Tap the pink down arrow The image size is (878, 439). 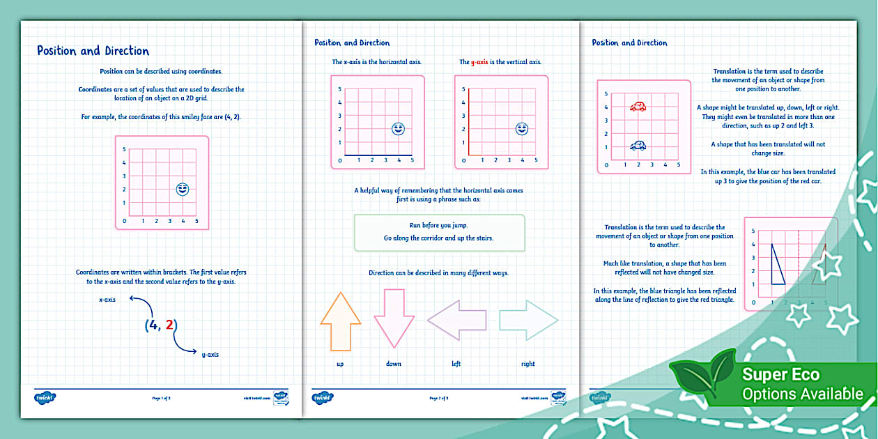pyautogui.click(x=394, y=317)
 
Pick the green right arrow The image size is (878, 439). pyautogui.click(x=529, y=320)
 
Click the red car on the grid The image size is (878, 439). pyautogui.click(x=638, y=107)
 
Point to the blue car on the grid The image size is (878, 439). pyautogui.click(x=638, y=146)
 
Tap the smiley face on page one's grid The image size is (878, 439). pyautogui.click(x=183, y=189)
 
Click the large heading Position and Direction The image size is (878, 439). pyautogui.click(x=93, y=51)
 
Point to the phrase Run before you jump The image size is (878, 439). pyautogui.click(x=439, y=226)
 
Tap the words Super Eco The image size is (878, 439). pyautogui.click(x=780, y=375)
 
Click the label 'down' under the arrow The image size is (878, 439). pyautogui.click(x=394, y=364)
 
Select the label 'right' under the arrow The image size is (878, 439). pyautogui.click(x=528, y=364)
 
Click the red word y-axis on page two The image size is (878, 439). pyautogui.click(x=479, y=62)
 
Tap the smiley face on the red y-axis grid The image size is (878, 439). pyautogui.click(x=521, y=129)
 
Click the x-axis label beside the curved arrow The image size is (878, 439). pyautogui.click(x=107, y=300)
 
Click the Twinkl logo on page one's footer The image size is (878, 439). pyautogui.click(x=45, y=398)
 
